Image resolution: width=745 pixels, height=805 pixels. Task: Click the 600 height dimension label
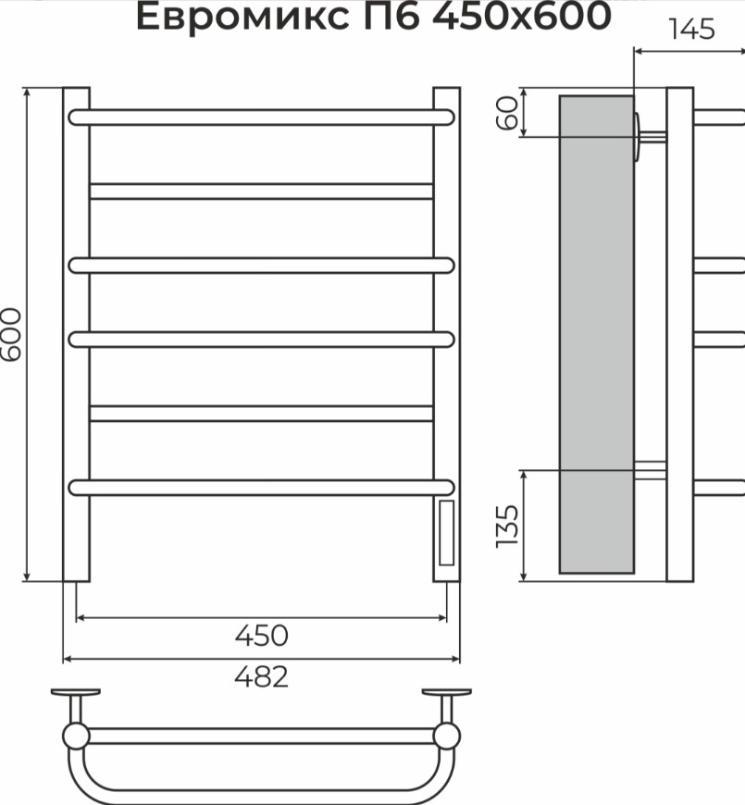coord(11,334)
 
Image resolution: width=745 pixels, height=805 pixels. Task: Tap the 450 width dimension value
coord(261,636)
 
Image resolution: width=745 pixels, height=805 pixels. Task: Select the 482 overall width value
coord(261,676)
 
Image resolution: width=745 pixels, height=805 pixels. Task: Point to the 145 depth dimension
coord(691,30)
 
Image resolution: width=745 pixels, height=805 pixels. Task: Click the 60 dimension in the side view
coord(507,114)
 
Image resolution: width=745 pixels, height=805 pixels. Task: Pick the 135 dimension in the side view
coord(507,526)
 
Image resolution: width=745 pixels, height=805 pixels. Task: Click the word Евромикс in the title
coord(242,17)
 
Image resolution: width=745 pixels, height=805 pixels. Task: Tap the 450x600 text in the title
coord(522,16)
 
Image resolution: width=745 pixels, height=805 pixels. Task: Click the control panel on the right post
coord(446,532)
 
